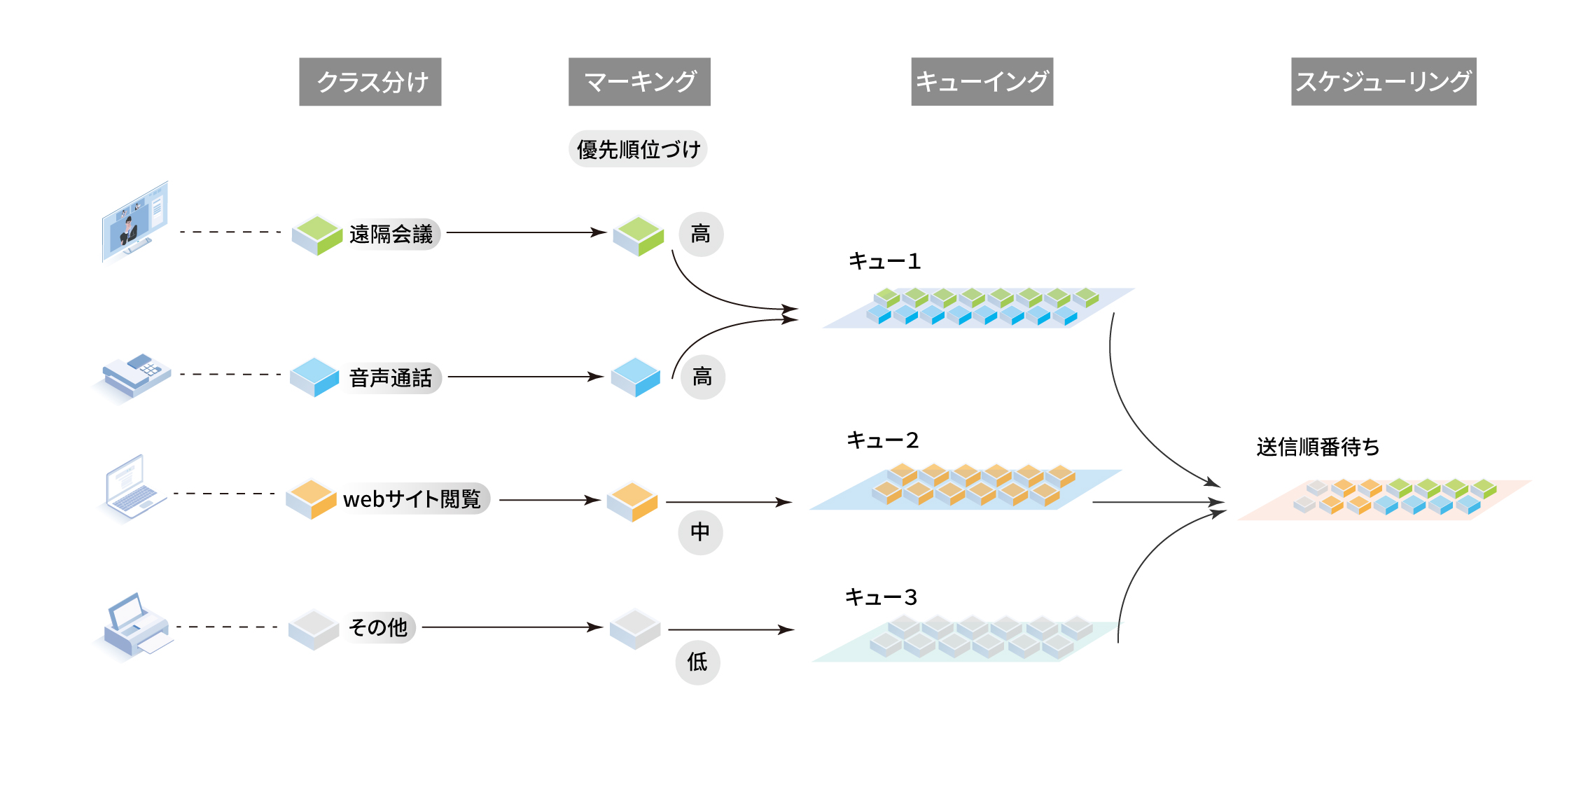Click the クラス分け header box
coord(370,82)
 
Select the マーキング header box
coord(639,82)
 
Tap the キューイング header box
coord(982,82)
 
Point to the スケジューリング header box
coord(1383,82)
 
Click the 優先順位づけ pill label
coord(637,149)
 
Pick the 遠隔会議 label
coord(391,234)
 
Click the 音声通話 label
coord(391,378)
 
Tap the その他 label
coord(378,627)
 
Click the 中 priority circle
coord(700,532)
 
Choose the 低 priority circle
coord(697,662)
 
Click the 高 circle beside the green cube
coord(701,234)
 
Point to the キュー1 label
coord(884,262)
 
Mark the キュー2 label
coord(882,440)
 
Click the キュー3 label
coord(881,597)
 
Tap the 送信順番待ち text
coord(1318,447)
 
